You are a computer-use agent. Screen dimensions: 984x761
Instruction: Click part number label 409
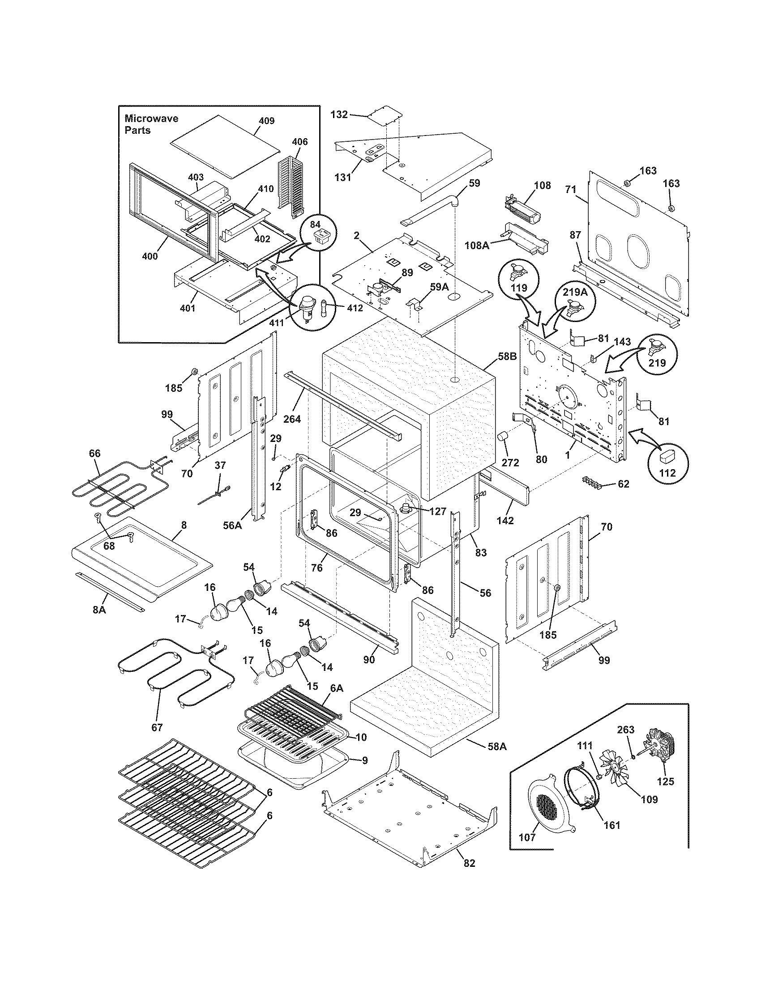tap(266, 121)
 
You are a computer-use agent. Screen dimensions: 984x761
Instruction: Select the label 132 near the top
tap(339, 115)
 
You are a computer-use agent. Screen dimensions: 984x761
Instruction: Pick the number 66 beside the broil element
tap(94, 453)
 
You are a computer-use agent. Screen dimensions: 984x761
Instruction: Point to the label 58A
tap(497, 746)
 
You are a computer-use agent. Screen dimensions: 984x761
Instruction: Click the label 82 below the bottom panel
tap(469, 863)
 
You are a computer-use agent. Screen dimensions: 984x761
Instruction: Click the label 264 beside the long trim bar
tap(292, 419)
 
